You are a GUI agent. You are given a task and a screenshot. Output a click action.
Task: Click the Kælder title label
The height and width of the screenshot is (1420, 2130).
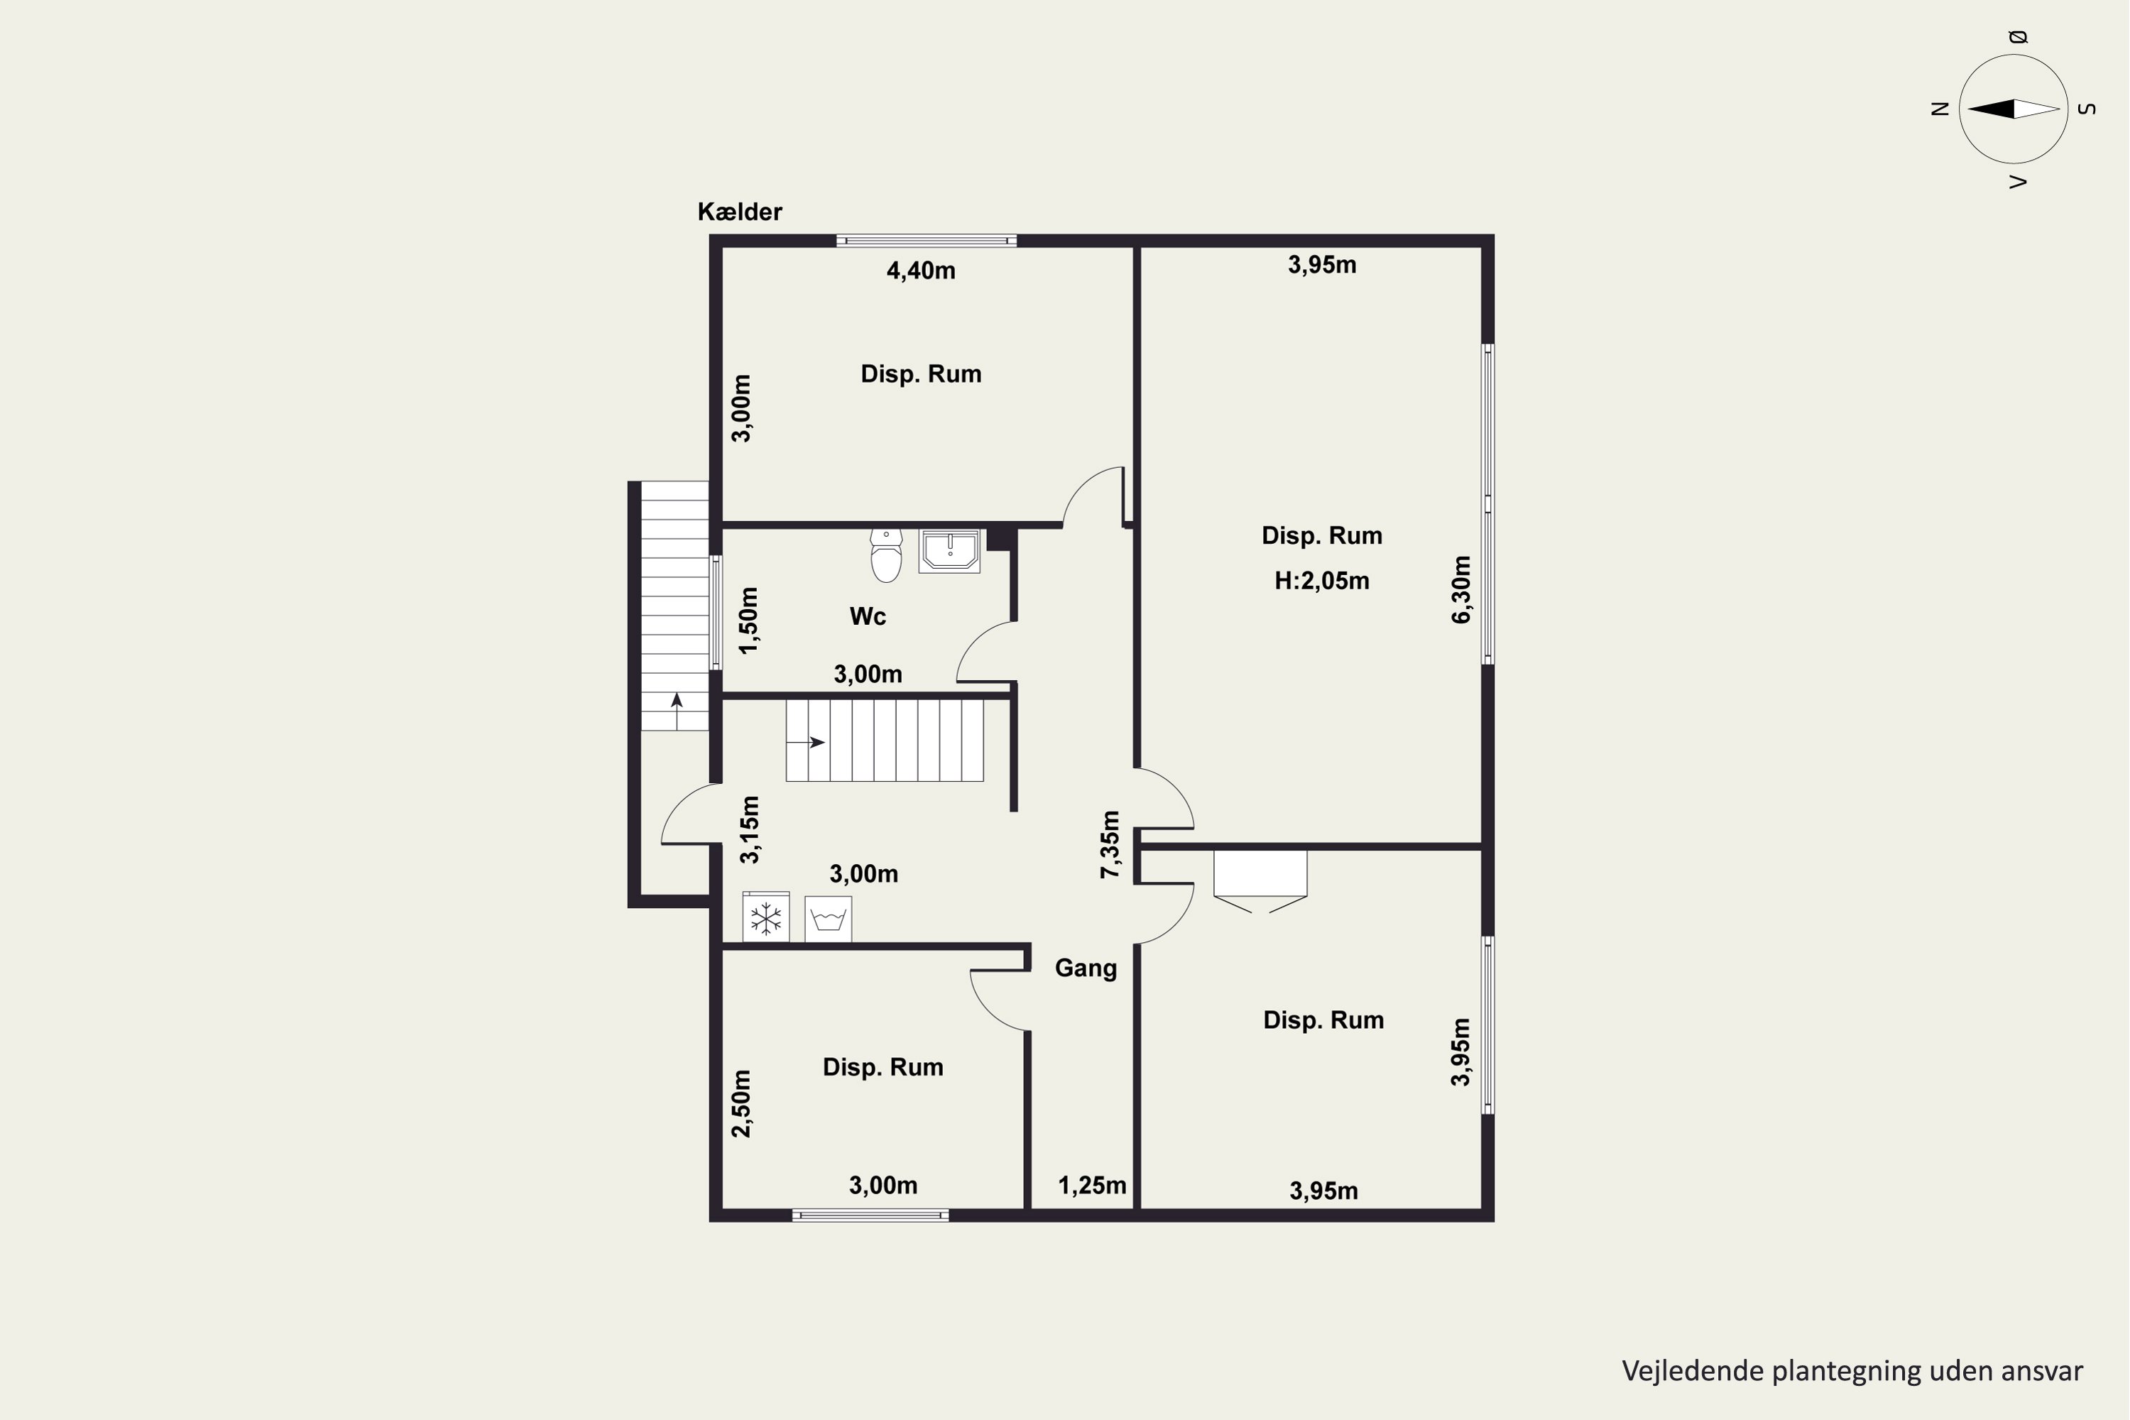click(739, 212)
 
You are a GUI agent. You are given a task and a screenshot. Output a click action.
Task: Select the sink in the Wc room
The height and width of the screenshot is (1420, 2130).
click(949, 551)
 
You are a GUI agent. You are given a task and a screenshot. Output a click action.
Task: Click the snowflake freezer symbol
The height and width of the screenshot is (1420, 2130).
click(766, 918)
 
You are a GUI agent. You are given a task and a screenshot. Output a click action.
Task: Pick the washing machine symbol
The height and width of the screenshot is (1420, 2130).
click(828, 920)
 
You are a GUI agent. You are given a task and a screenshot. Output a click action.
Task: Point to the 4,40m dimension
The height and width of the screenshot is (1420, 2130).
click(920, 271)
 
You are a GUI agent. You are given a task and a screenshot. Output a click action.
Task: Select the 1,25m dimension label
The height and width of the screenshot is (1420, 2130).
click(1092, 1186)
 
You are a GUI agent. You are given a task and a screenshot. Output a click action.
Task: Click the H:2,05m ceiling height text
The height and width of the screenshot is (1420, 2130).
click(1321, 581)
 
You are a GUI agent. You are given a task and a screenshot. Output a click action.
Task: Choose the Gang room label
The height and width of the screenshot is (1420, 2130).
click(1086, 969)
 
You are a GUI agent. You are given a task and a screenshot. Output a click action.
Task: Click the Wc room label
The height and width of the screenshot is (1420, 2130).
click(868, 617)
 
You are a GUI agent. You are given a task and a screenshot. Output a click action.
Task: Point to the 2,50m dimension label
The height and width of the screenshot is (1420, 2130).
click(741, 1104)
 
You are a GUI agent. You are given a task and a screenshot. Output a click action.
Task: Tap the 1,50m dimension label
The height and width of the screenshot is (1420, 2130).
click(748, 621)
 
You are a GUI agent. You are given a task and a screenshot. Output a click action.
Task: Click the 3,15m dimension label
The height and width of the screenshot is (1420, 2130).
click(750, 829)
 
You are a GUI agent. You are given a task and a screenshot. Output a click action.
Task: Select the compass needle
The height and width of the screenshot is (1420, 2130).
click(2013, 109)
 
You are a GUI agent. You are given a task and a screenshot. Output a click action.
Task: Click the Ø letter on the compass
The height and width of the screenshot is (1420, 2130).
click(2018, 37)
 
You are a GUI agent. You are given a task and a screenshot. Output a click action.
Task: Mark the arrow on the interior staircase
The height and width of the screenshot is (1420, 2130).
click(806, 743)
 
